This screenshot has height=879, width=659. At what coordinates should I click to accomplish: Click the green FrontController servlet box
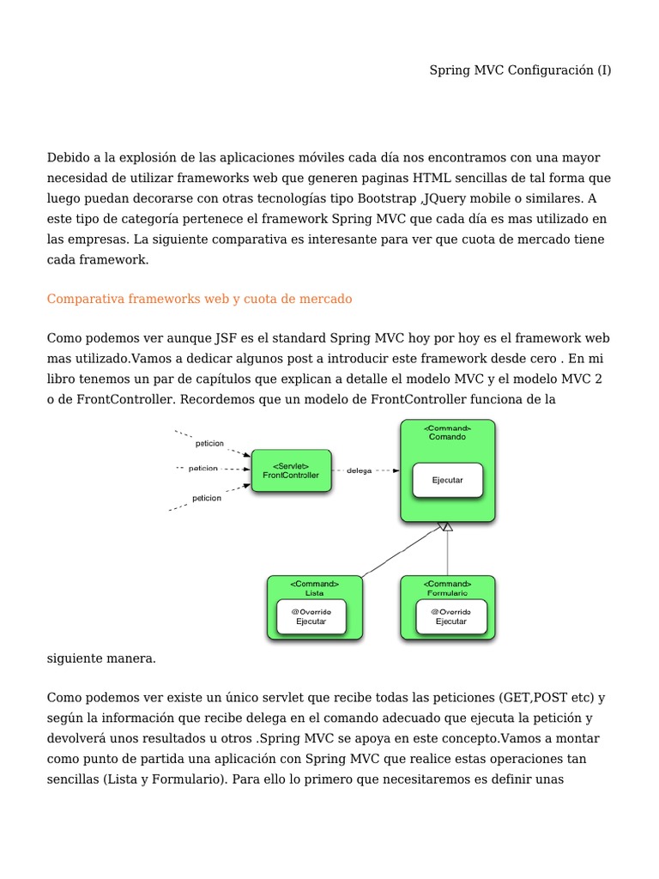click(x=291, y=470)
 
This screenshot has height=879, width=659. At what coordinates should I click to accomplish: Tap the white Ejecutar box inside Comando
click(x=447, y=480)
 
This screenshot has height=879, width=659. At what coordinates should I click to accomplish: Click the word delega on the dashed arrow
click(x=360, y=470)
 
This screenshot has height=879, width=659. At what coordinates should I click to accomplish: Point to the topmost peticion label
click(x=209, y=444)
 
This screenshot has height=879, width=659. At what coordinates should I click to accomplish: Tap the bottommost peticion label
click(x=206, y=497)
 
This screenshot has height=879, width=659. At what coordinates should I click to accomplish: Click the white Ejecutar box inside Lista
click(x=311, y=616)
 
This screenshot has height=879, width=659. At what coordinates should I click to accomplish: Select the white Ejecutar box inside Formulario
click(x=450, y=616)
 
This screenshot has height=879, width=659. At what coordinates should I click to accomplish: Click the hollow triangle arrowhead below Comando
click(x=445, y=526)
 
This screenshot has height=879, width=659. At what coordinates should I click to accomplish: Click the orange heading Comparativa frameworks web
click(x=199, y=299)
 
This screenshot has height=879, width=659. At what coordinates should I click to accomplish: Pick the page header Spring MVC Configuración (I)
click(x=520, y=70)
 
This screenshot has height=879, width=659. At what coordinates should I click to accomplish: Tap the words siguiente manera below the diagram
click(x=101, y=658)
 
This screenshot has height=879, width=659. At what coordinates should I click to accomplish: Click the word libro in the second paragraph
click(x=62, y=379)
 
